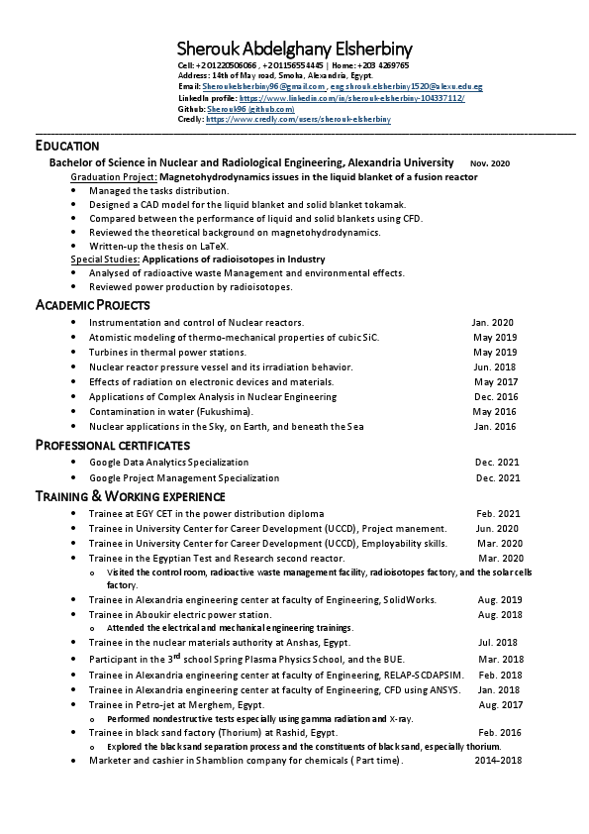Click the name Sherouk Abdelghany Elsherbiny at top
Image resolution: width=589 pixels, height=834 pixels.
click(294, 49)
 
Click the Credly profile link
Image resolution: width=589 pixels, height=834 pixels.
click(298, 119)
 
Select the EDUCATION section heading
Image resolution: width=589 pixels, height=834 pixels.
click(67, 146)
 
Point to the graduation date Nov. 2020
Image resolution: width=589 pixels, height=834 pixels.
click(490, 162)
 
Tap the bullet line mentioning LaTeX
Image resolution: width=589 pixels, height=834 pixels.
click(158, 246)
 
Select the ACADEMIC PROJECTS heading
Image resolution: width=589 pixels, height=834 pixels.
click(92, 304)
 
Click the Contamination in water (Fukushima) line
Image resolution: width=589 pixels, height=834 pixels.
click(171, 411)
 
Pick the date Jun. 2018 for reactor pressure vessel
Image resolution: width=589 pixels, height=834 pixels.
click(495, 366)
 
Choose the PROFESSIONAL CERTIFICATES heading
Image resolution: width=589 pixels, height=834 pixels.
click(112, 445)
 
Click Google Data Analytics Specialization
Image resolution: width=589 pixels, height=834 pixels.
click(168, 463)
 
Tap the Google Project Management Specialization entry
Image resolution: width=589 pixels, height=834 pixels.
click(184, 477)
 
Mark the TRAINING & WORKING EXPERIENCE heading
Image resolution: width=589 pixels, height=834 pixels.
click(130, 495)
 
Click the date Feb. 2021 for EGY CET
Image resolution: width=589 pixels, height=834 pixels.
click(498, 514)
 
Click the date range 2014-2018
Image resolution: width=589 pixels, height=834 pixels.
click(497, 760)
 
